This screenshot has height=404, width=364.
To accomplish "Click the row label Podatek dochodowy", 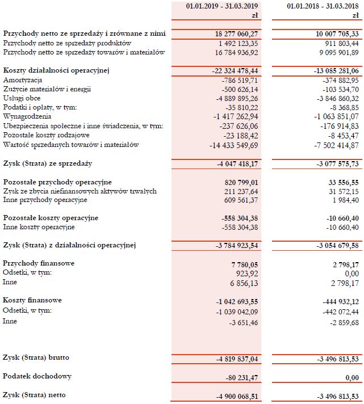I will point(37,377).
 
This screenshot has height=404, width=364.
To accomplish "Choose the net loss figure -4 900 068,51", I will point(235,395).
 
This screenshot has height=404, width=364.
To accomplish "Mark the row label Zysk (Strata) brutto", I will point(39,358).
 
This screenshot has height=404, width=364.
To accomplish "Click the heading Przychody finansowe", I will point(39,263).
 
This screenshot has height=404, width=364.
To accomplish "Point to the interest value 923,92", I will point(245,273).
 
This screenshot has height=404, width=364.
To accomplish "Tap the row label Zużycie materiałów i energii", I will point(47,89).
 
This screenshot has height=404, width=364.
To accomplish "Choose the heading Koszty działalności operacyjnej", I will point(56,70).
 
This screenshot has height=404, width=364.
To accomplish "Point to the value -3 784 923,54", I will point(235,246).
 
